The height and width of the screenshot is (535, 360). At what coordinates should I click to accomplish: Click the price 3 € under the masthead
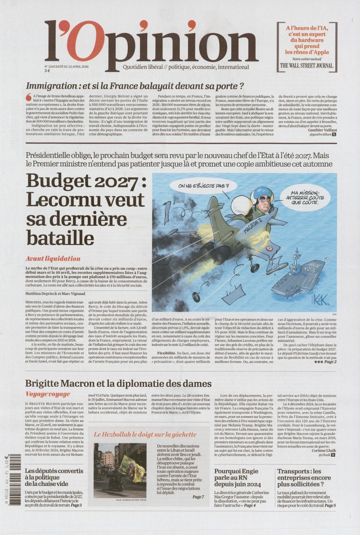pyautogui.click(x=47, y=70)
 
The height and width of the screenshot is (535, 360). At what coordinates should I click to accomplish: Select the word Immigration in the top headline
pyautogui.click(x=51, y=86)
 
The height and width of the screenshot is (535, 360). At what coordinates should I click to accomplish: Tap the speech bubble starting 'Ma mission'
pyautogui.click(x=297, y=197)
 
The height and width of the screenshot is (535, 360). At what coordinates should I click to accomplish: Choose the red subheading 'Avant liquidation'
pyautogui.click(x=53, y=259)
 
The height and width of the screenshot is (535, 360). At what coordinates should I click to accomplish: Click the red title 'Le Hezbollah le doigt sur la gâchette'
pyautogui.click(x=145, y=435)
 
